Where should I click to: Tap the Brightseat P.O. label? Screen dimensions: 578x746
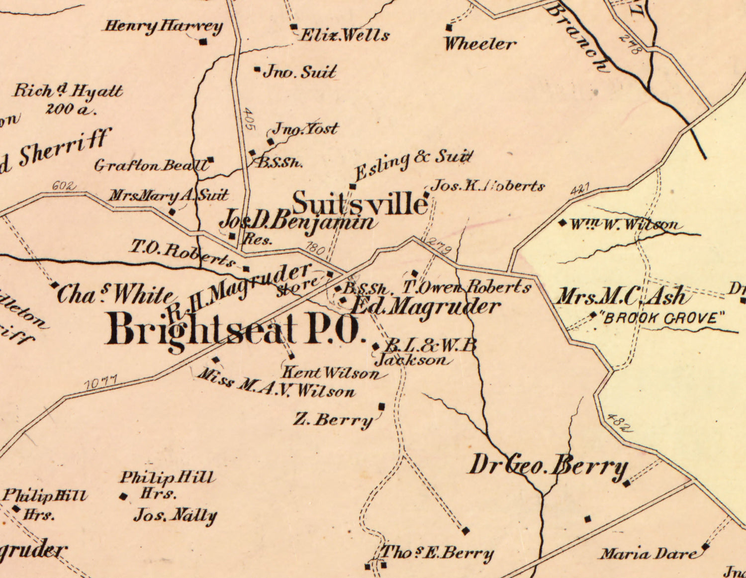pos(233,330)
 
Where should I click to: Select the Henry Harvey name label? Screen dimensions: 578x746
pos(162,26)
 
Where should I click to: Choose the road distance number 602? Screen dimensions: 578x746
pos(64,186)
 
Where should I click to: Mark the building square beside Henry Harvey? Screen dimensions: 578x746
pos(202,42)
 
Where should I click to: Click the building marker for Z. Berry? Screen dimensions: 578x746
pos(381,406)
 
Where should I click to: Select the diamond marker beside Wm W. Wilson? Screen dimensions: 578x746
pos(562,223)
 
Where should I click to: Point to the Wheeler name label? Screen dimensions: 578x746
pos(480,44)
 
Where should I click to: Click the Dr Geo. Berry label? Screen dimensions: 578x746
pos(548,466)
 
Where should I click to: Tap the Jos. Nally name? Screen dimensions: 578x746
pos(175,515)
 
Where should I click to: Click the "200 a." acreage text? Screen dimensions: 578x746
pos(70,109)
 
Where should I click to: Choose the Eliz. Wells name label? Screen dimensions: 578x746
pos(345,35)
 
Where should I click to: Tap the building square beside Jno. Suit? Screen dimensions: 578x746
pos(257,70)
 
